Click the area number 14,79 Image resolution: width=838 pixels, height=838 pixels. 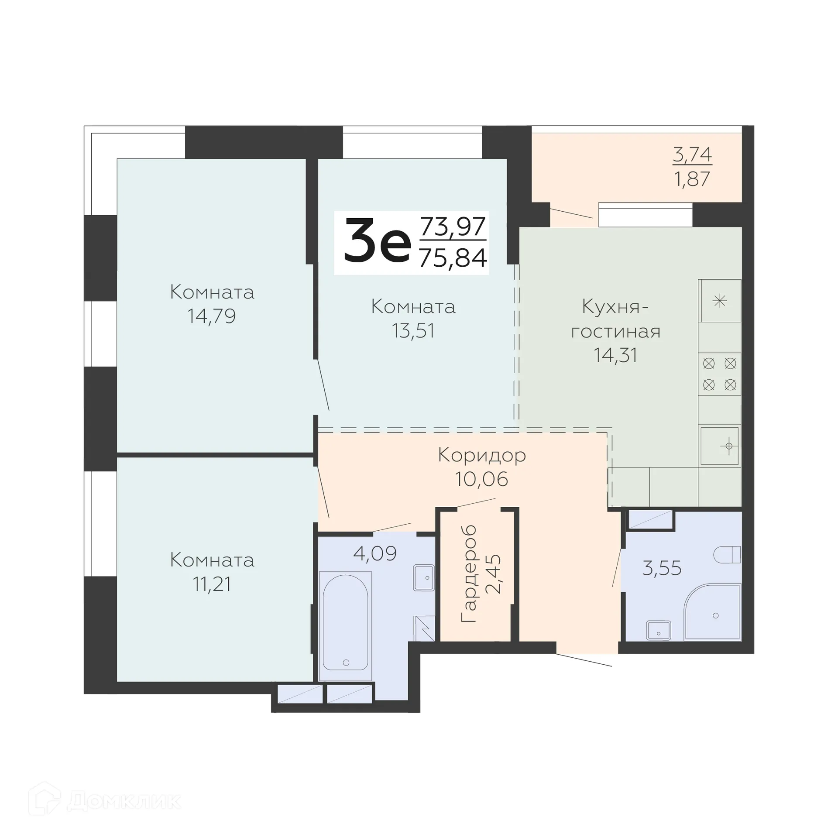click(212, 316)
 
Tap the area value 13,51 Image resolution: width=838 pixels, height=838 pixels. click(413, 331)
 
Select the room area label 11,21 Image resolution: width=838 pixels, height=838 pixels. click(212, 584)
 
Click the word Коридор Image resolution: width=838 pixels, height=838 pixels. click(482, 455)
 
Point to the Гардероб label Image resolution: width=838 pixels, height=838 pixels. click(469, 574)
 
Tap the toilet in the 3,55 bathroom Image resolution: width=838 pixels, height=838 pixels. click(727, 555)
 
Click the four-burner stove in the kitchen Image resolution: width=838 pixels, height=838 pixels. click(719, 374)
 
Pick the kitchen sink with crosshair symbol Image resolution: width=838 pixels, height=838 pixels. click(720, 446)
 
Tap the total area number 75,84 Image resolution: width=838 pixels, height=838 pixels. click(453, 258)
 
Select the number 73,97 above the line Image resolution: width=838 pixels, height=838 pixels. click(453, 226)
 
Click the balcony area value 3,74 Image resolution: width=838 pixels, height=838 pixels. click(692, 155)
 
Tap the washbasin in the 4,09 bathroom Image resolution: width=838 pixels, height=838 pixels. click(424, 578)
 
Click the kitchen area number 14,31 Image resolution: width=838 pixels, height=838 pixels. click(615, 355)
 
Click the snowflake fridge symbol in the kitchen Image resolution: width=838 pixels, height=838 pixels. click(719, 300)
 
